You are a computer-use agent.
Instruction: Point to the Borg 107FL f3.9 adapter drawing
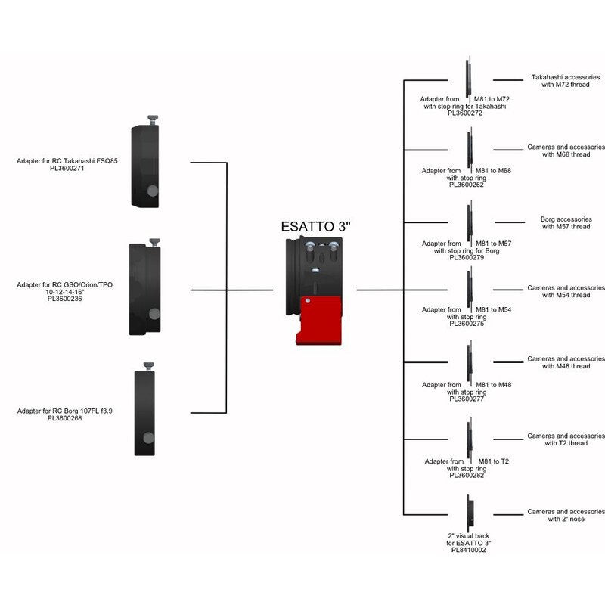click(147, 412)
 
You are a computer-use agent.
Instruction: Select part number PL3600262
click(467, 184)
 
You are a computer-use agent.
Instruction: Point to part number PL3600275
click(467, 323)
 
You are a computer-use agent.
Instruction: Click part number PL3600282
click(467, 475)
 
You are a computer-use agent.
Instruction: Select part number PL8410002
click(467, 550)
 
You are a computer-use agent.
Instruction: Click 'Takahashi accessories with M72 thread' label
click(565, 81)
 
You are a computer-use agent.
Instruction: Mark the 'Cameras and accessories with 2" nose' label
click(565, 515)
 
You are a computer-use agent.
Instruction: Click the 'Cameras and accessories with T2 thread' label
click(565, 439)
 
